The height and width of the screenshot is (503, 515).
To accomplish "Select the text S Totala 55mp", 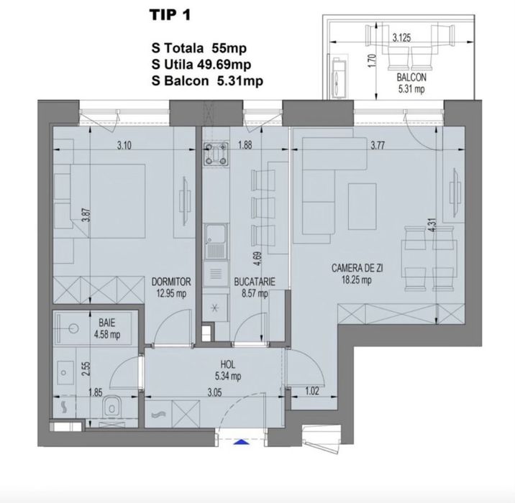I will (x=199, y=50).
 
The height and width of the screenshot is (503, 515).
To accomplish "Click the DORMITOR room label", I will (x=170, y=282).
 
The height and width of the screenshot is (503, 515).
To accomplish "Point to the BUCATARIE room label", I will (x=250, y=282).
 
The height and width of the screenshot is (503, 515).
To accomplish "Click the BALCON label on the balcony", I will (x=411, y=78).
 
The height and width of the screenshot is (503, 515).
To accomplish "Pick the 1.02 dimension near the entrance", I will (x=311, y=392).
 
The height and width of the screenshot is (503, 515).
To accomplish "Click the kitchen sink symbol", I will (x=214, y=241).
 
